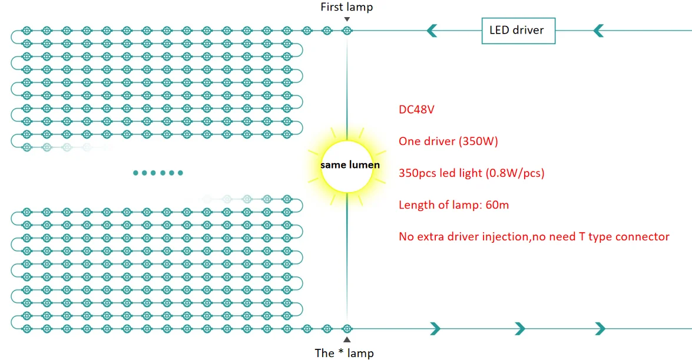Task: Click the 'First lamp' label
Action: pos(346,7)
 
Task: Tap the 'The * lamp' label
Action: pos(344,353)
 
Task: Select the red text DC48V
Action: pos(416,110)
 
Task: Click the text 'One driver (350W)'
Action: pos(448,141)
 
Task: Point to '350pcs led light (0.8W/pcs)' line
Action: pos(471,173)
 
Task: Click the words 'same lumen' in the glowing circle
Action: pos(350,165)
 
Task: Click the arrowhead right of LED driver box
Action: pos(599,30)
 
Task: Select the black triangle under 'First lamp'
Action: pos(347,19)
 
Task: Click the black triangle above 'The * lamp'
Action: pos(347,340)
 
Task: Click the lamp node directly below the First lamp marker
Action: pos(347,30)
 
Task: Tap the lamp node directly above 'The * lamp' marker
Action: pos(347,328)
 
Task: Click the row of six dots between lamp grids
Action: pos(158,173)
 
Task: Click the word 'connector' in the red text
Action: pos(642,237)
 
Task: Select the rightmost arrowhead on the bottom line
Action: pos(600,328)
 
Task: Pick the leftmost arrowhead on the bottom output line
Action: pos(435,328)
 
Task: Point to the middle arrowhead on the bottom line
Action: pos(519,328)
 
